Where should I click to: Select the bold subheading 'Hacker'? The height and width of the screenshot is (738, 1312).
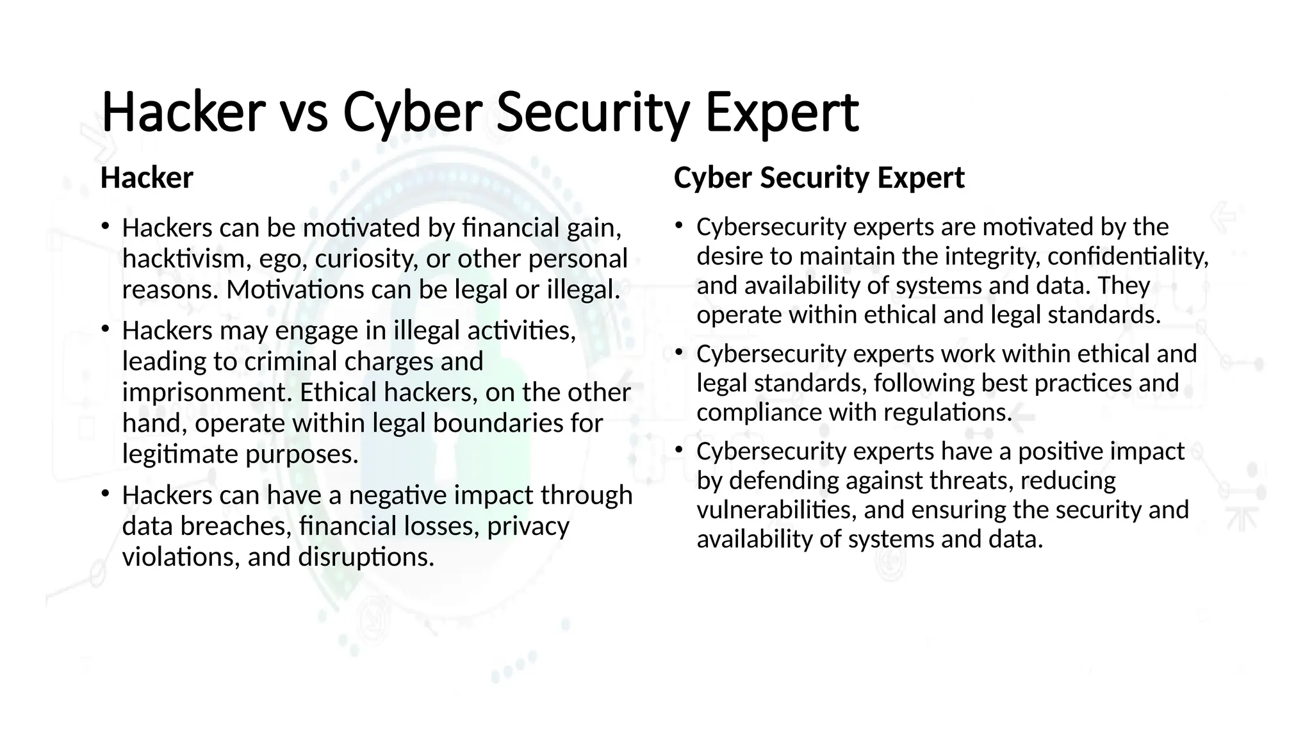(147, 178)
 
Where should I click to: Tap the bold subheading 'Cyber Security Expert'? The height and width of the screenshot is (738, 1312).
(819, 177)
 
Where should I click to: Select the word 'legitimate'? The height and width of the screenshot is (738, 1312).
(180, 454)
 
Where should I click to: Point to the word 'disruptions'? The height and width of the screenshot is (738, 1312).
(366, 557)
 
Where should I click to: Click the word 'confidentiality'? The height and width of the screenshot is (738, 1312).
(1128, 256)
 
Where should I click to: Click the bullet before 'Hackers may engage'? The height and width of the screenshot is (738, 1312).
(105, 329)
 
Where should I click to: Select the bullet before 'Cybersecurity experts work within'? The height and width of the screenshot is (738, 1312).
(679, 352)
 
